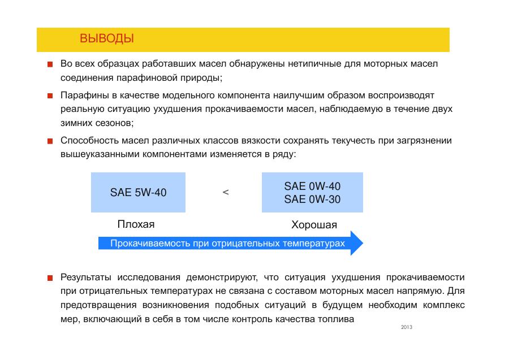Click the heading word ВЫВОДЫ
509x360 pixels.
pyautogui.click(x=107, y=38)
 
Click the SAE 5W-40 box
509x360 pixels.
pyautogui.click(x=138, y=192)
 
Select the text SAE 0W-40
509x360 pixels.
pyautogui.click(x=312, y=186)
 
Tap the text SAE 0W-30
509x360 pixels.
pyautogui.click(x=312, y=199)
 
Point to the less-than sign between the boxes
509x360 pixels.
pyautogui.click(x=226, y=192)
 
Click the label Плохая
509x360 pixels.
pyautogui.click(x=136, y=224)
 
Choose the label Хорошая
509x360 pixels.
pyautogui.click(x=314, y=224)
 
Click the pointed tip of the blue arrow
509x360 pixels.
pyautogui.click(x=363, y=243)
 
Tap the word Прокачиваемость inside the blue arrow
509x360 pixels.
pyautogui.click(x=150, y=243)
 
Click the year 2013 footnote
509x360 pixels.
pyautogui.click(x=407, y=327)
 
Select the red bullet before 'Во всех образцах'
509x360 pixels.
pyautogui.click(x=50, y=64)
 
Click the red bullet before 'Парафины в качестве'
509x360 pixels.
pyautogui.click(x=50, y=96)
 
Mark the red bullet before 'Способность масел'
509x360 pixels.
pyautogui.click(x=50, y=141)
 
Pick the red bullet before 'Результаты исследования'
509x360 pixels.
pyautogui.click(x=50, y=278)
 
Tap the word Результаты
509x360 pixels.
pyautogui.click(x=86, y=277)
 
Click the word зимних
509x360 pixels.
pyautogui.click(x=76, y=123)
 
